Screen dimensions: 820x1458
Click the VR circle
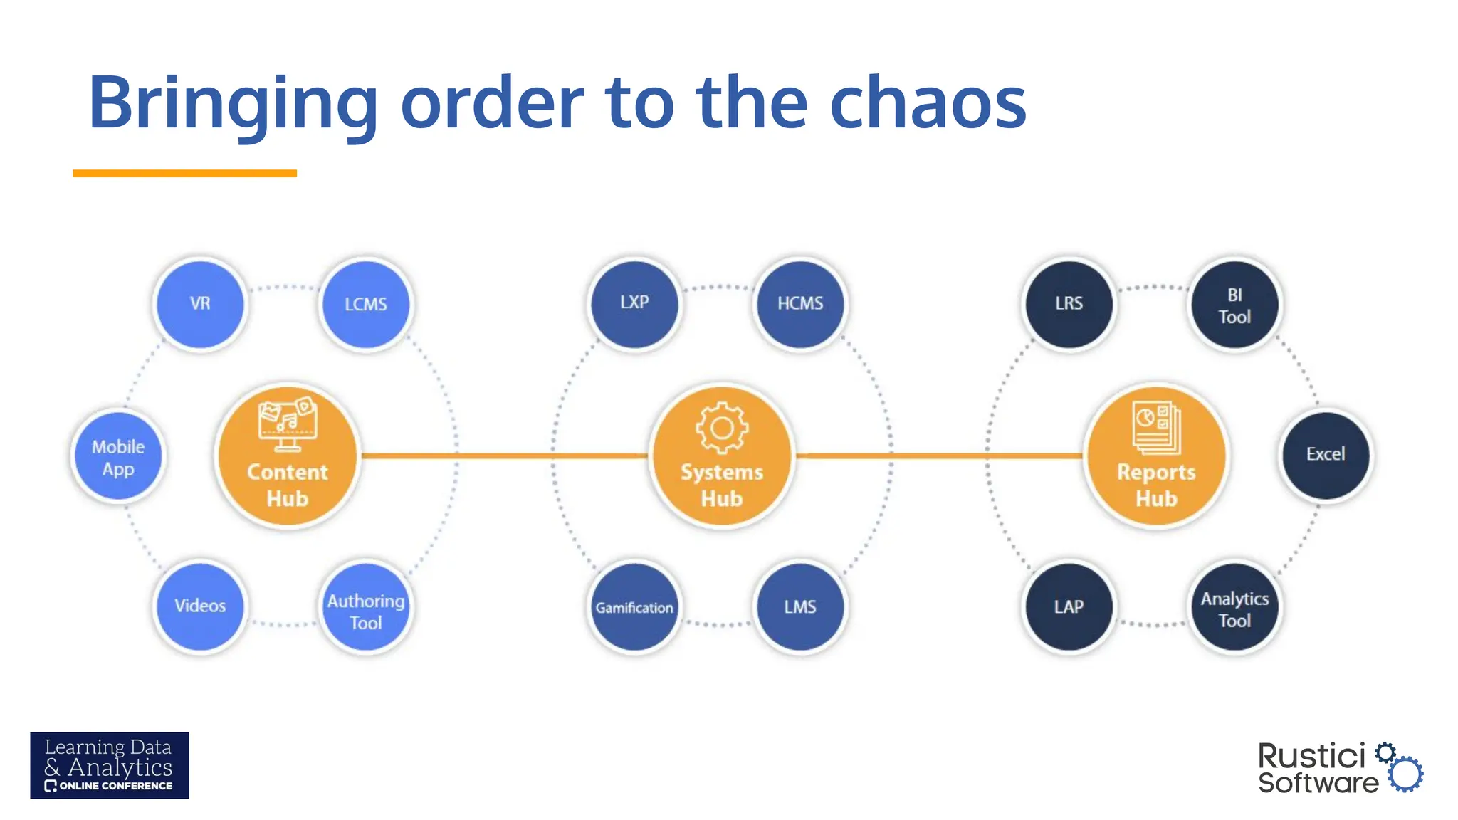click(200, 304)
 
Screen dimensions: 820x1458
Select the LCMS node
click(366, 304)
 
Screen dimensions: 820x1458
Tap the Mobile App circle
click(118, 456)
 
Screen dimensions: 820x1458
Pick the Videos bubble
click(200, 606)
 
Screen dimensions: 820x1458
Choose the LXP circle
click(634, 303)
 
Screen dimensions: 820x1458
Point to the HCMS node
click(800, 304)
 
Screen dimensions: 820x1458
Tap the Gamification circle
click(634, 607)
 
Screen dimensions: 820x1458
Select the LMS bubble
click(800, 607)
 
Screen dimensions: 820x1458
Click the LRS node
click(1069, 304)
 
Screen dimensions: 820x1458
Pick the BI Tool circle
click(1234, 305)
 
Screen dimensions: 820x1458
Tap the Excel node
click(1326, 455)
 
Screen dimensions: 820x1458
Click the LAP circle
click(1069, 607)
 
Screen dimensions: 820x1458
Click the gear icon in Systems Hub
click(722, 428)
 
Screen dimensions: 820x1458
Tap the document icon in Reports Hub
click(1156, 428)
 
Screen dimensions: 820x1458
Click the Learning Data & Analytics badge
click(110, 765)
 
